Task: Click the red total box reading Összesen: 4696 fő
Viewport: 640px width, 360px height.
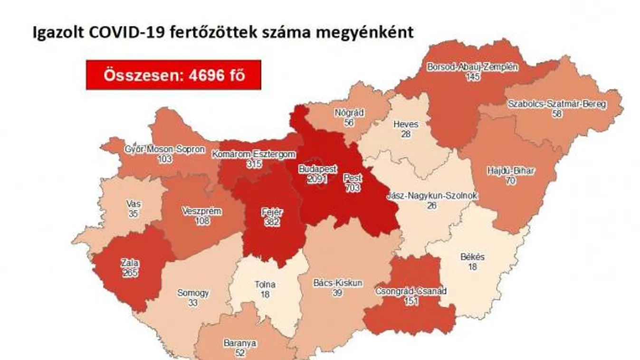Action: pyautogui.click(x=173, y=75)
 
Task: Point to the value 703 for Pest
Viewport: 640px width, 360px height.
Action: pyautogui.click(x=353, y=188)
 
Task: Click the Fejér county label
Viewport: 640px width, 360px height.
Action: pyautogui.click(x=269, y=212)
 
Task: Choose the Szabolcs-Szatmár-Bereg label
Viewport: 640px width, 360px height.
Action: pyautogui.click(x=557, y=104)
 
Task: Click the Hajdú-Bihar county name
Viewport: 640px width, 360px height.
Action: pyautogui.click(x=511, y=171)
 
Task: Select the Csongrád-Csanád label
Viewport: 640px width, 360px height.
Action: pyautogui.click(x=411, y=291)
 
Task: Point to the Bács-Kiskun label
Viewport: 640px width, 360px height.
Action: pyautogui.click(x=338, y=283)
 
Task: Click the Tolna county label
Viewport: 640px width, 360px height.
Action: pyautogui.click(x=265, y=285)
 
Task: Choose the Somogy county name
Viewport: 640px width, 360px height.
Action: pyautogui.click(x=193, y=293)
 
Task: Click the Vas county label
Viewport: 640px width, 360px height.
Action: pyautogui.click(x=134, y=204)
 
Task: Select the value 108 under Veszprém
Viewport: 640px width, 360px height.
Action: pyautogui.click(x=201, y=221)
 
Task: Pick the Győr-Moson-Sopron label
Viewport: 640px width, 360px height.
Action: pyautogui.click(x=164, y=149)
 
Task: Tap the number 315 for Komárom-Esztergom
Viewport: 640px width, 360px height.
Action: pyautogui.click(x=254, y=163)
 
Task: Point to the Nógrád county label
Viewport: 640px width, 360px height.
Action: pyautogui.click(x=349, y=113)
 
